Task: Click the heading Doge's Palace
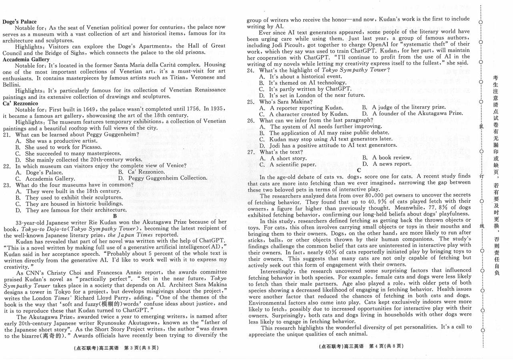point(20,22)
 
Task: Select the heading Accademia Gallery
point(26,59)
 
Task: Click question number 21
point(7,135)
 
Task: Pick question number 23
point(7,185)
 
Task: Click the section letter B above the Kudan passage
point(115,216)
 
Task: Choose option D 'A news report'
point(387,164)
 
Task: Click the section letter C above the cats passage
point(359,170)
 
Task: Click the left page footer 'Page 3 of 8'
point(116,347)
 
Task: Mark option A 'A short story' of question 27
point(283,158)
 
